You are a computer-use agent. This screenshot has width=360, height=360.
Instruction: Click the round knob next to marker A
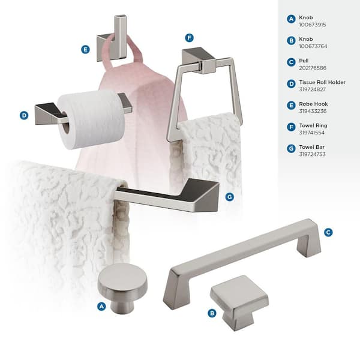(122, 288)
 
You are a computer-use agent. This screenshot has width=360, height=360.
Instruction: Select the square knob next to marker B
(239, 302)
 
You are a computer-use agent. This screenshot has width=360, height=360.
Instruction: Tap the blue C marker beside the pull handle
(328, 232)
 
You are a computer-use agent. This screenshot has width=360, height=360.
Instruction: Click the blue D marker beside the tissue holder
(24, 115)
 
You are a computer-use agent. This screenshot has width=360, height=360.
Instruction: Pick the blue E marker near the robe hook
(85, 49)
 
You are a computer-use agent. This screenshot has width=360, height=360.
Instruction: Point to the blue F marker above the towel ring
(189, 38)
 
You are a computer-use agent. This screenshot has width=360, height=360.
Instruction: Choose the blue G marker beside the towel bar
(230, 197)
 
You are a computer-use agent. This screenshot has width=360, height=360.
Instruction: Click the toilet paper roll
(91, 119)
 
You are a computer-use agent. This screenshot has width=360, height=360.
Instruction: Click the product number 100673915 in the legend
(312, 25)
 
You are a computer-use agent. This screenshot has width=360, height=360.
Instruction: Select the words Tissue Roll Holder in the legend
(322, 82)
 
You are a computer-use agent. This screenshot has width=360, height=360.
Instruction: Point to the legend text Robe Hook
(313, 104)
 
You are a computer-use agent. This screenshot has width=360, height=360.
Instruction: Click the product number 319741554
(311, 133)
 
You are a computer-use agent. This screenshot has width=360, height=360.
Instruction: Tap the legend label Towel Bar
(311, 147)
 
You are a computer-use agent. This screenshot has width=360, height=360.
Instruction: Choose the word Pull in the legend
(304, 61)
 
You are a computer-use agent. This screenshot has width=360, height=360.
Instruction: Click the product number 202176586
(313, 68)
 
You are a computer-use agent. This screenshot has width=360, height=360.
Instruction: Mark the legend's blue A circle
(291, 19)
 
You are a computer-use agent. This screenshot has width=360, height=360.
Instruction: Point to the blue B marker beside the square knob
(212, 313)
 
